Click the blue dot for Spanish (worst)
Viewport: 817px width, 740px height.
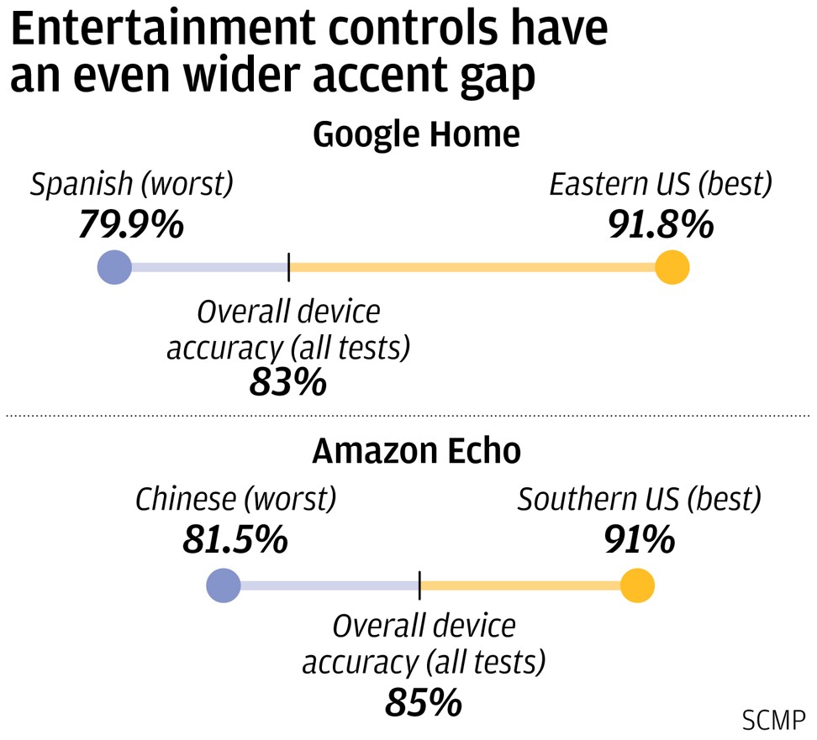(x=114, y=268)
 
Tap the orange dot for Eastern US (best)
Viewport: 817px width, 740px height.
(x=672, y=268)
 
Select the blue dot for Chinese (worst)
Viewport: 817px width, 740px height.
(x=224, y=585)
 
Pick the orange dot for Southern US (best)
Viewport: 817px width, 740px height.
(x=637, y=585)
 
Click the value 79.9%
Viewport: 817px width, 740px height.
(x=131, y=224)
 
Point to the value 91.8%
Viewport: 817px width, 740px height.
(x=661, y=224)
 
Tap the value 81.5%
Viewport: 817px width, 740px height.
(x=235, y=541)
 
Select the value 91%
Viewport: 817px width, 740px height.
(x=639, y=541)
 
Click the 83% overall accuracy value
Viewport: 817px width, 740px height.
(x=287, y=383)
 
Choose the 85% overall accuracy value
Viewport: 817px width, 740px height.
(x=424, y=701)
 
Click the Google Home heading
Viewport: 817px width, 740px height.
(x=416, y=134)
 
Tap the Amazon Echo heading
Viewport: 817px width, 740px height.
(x=416, y=451)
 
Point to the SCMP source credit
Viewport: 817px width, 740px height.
(x=773, y=720)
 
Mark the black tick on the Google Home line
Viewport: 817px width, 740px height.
(x=288, y=268)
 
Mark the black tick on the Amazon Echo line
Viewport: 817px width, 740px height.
(x=419, y=585)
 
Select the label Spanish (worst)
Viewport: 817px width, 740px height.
(x=132, y=185)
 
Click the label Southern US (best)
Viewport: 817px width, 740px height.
(x=639, y=501)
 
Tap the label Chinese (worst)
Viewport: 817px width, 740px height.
(x=235, y=501)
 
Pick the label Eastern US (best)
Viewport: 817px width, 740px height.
(x=661, y=185)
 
